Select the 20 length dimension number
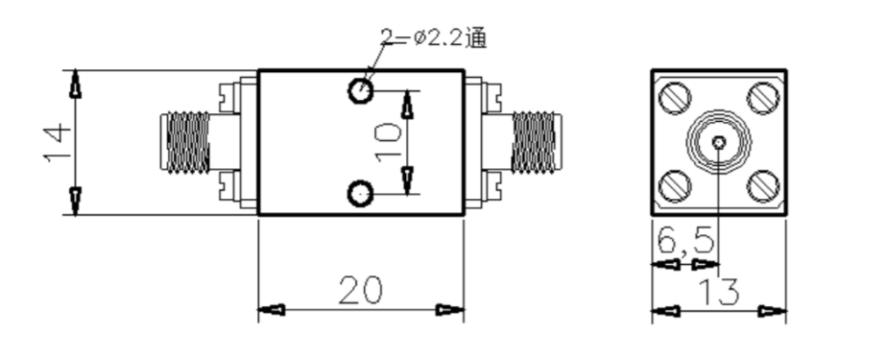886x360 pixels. [361, 291]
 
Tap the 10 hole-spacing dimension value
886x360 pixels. [388, 142]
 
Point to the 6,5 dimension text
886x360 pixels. [686, 240]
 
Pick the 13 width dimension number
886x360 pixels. [719, 292]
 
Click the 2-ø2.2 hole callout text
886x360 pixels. [433, 37]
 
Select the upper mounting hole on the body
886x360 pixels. [360, 90]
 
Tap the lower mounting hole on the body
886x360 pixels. [360, 194]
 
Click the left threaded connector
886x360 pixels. [185, 142]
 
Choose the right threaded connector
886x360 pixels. [537, 142]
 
